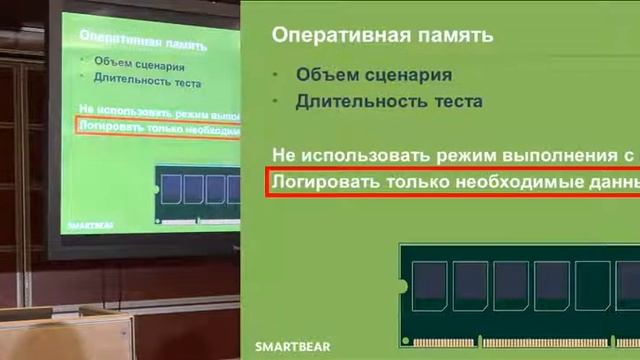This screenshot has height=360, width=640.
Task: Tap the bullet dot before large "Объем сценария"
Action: coord(277,76)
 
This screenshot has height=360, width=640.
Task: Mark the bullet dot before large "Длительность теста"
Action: coord(277,102)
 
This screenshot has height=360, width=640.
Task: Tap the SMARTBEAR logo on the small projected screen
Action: coord(91,226)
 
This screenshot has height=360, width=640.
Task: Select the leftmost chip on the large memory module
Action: coord(431,283)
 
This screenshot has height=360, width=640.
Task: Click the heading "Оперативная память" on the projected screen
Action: coord(143,44)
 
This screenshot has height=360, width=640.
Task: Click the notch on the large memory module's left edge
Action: coord(403,287)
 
